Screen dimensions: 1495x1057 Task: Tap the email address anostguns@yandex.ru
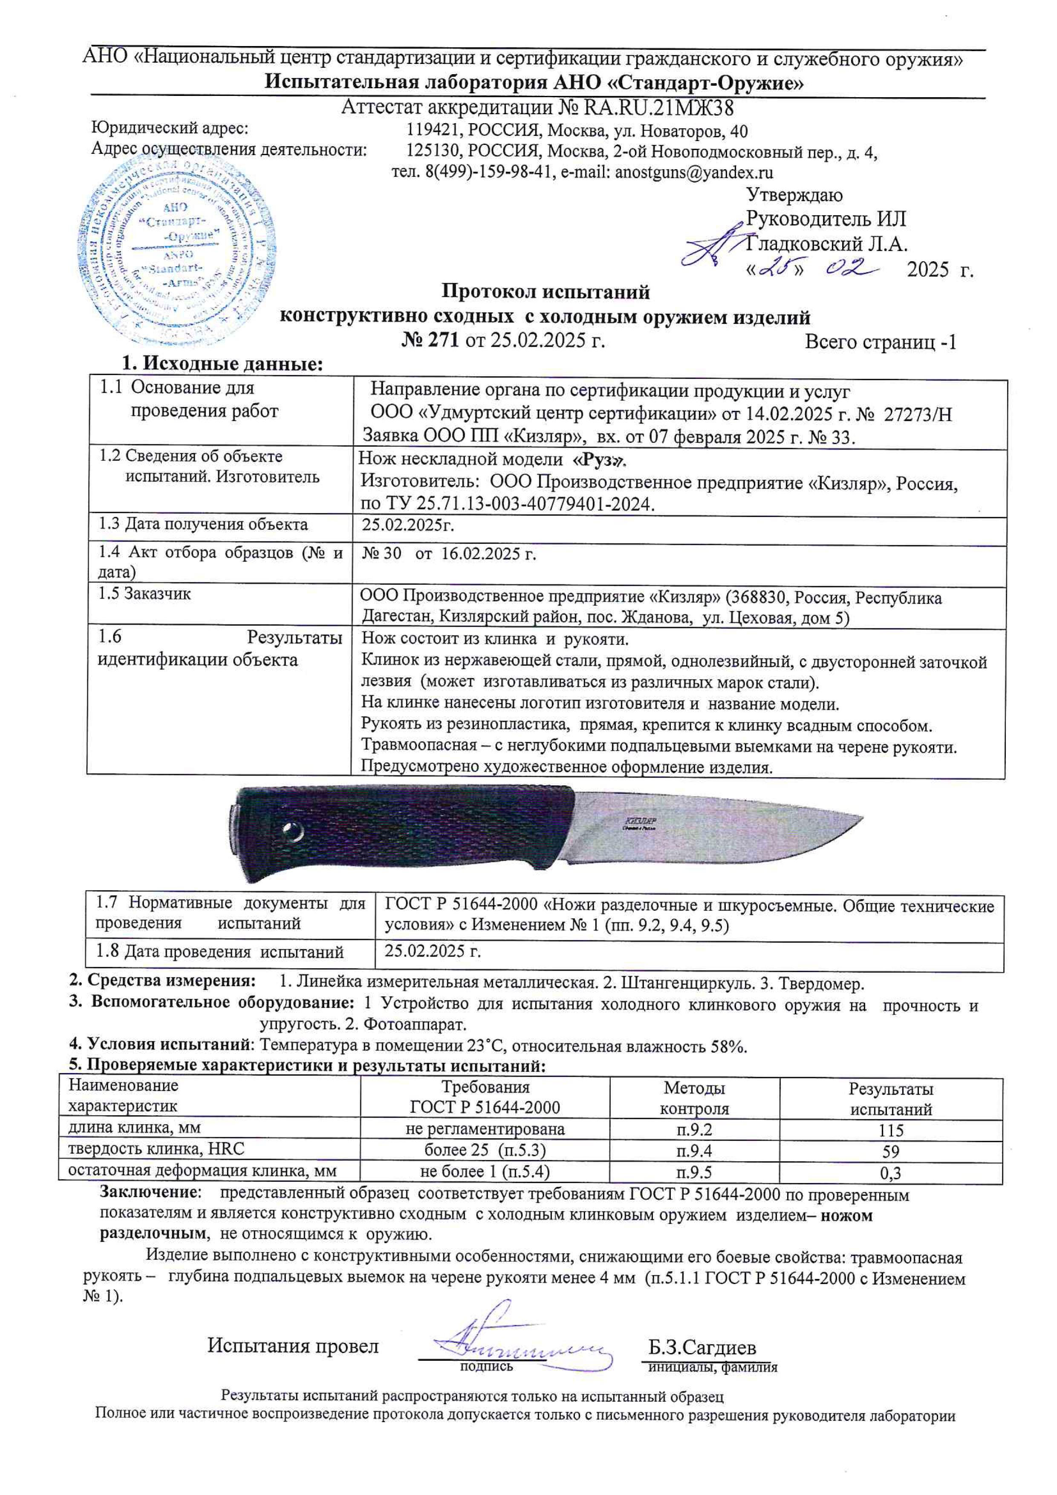pyautogui.click(x=694, y=173)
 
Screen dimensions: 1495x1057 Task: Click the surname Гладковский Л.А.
pyautogui.click(x=826, y=244)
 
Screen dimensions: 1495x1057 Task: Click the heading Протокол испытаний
pyautogui.click(x=546, y=292)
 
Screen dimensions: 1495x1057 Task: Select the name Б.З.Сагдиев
pyautogui.click(x=702, y=1347)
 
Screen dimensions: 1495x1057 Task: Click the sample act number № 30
pyautogui.click(x=381, y=554)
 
